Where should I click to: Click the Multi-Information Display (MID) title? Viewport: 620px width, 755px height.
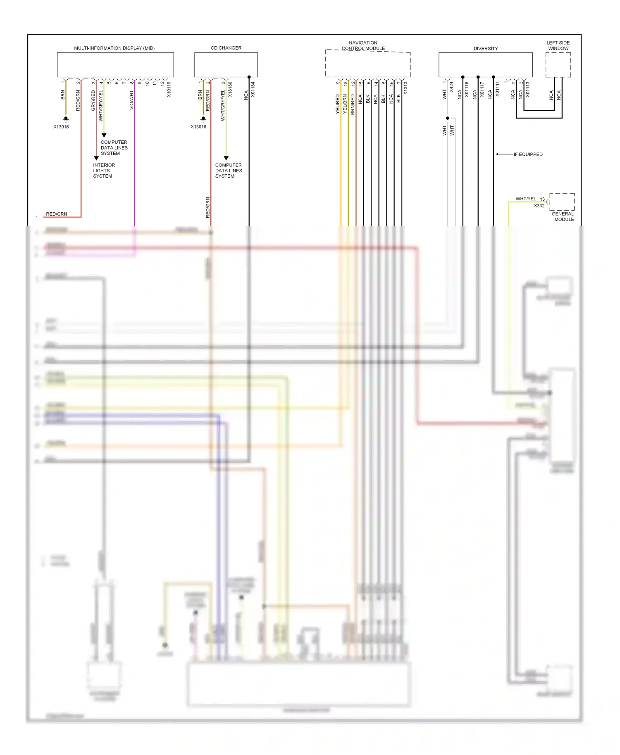114,48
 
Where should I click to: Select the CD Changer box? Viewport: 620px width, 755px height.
226,64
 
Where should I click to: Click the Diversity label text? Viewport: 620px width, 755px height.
486,49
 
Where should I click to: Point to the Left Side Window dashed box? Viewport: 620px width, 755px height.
558,65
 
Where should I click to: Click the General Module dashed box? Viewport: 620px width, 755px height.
562,202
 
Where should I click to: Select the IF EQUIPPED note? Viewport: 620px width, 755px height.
528,154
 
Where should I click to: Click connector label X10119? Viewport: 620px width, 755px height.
169,90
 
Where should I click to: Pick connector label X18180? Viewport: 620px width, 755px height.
230,90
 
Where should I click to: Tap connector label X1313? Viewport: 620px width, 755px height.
405,88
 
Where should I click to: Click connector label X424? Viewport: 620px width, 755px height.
451,87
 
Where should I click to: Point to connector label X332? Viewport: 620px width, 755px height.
539,206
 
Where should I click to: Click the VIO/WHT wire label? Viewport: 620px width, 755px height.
131,100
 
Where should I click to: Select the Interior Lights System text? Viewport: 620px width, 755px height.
104,171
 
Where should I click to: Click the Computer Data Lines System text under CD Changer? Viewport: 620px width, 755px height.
229,171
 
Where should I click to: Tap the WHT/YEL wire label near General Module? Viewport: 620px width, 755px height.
525,199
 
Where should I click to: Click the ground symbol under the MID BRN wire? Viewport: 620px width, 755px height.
66,119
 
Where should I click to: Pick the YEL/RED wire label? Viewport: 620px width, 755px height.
338,104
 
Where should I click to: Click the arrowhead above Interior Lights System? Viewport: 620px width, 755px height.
96,158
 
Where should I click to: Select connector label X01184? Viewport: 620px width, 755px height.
253,89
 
